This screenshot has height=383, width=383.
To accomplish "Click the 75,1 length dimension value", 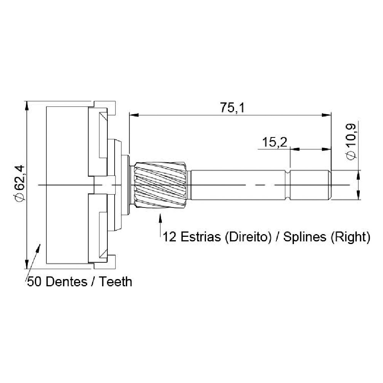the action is pyautogui.click(x=232, y=108).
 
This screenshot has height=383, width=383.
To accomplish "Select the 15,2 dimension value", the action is pyautogui.click(x=274, y=142).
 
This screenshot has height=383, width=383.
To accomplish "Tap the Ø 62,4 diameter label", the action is pyautogui.click(x=19, y=184).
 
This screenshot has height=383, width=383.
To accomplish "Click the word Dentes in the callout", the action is pyautogui.click(x=67, y=282).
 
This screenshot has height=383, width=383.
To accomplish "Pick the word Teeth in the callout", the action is pyautogui.click(x=115, y=282).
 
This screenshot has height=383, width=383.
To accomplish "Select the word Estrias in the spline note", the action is pyautogui.click(x=200, y=237).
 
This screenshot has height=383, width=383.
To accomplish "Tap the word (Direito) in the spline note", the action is pyautogui.click(x=248, y=237).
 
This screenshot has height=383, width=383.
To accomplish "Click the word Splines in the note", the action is pyautogui.click(x=305, y=237).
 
